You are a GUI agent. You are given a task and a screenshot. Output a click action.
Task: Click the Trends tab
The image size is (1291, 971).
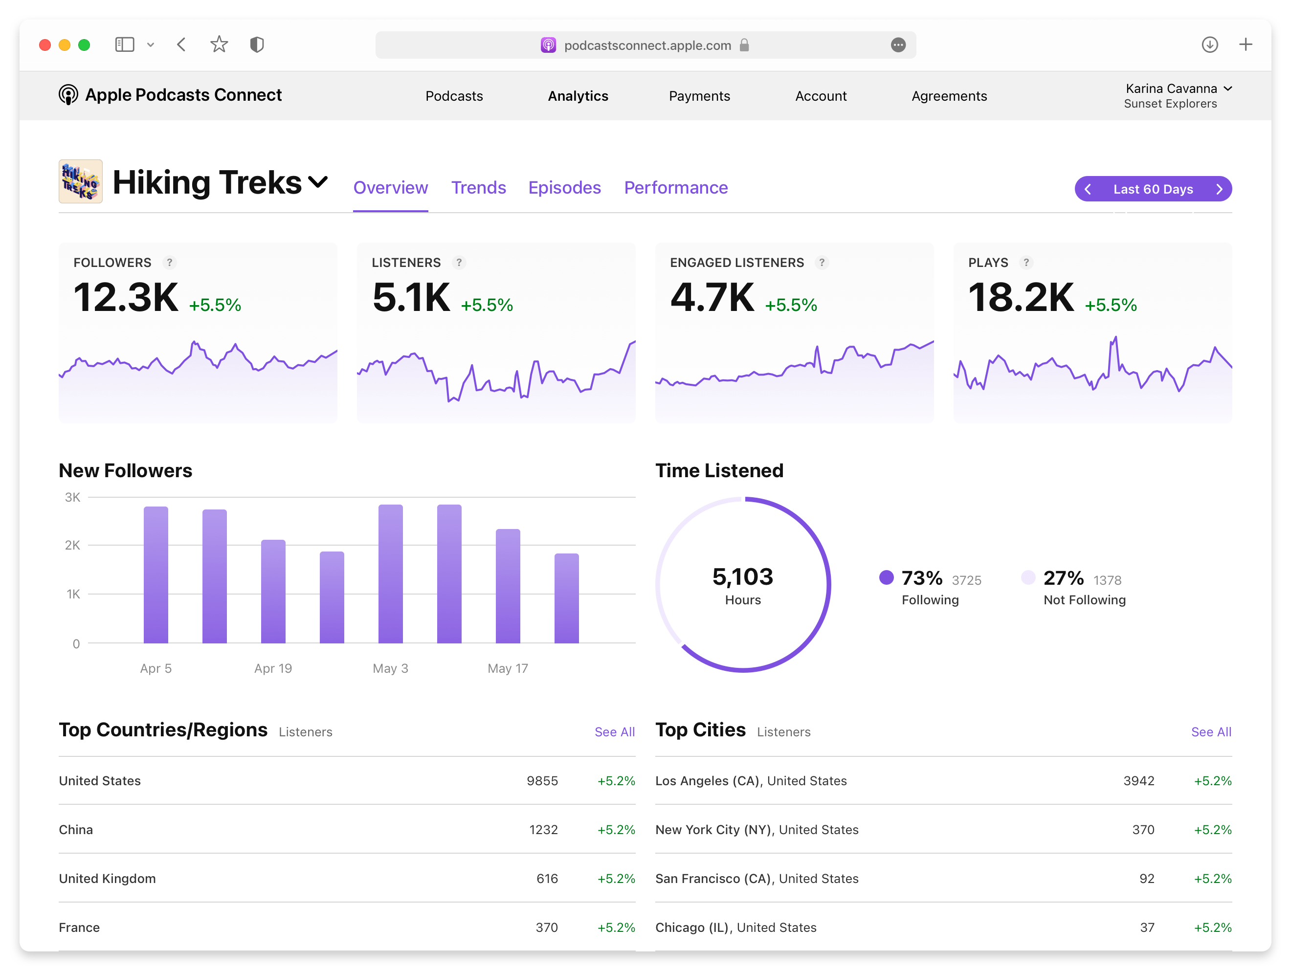coord(478,187)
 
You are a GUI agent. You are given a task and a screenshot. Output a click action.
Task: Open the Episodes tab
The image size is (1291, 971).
coord(564,187)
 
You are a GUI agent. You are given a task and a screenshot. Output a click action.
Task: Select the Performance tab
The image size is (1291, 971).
coord(675,187)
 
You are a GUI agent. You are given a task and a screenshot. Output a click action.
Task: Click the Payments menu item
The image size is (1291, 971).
coord(699,96)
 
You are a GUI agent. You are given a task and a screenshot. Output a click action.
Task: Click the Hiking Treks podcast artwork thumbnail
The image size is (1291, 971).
coord(81,181)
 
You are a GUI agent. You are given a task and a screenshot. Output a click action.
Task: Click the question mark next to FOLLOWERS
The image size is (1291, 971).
coord(169,263)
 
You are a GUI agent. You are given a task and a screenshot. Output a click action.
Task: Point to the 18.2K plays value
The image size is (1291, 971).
coord(1020,298)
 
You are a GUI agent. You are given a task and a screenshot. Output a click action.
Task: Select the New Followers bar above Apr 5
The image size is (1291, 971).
coord(156,575)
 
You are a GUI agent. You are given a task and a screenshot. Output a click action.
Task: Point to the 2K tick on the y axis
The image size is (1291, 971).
coord(72,545)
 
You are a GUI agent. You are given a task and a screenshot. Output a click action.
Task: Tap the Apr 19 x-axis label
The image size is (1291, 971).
coord(272,668)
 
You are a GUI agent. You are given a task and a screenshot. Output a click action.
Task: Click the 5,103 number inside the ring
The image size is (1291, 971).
coord(742,576)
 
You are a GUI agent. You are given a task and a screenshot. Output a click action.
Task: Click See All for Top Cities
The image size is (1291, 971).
coord(1210,732)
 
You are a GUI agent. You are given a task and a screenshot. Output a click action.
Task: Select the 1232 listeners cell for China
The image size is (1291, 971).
coord(543,829)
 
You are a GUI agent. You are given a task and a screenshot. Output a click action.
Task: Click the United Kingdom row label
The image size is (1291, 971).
coord(108,878)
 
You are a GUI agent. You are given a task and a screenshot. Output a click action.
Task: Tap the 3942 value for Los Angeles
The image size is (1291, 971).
coord(1138,781)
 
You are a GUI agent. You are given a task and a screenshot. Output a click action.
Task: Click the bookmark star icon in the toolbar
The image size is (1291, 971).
coord(219,45)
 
